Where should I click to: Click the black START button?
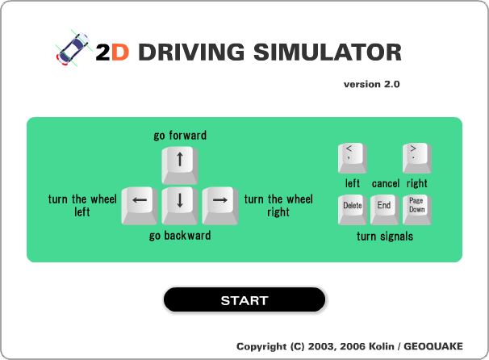[245, 299]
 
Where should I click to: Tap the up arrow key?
[180, 165]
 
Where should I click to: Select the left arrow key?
[140, 206]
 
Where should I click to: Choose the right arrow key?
[220, 206]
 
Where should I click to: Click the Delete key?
[353, 210]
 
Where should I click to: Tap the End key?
[385, 210]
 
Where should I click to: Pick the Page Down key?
[417, 210]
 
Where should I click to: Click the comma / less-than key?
[353, 158]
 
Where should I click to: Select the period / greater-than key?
[417, 158]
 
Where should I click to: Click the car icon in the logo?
[73, 48]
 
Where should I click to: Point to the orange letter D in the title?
[120, 52]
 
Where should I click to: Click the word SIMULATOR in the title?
[328, 52]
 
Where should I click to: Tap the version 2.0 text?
[372, 84]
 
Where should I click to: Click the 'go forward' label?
[180, 136]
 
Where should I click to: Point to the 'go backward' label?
[180, 236]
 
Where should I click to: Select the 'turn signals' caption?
[385, 237]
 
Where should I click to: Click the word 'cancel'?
[386, 183]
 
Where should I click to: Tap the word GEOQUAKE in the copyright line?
[433, 346]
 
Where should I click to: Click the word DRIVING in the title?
[191, 52]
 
